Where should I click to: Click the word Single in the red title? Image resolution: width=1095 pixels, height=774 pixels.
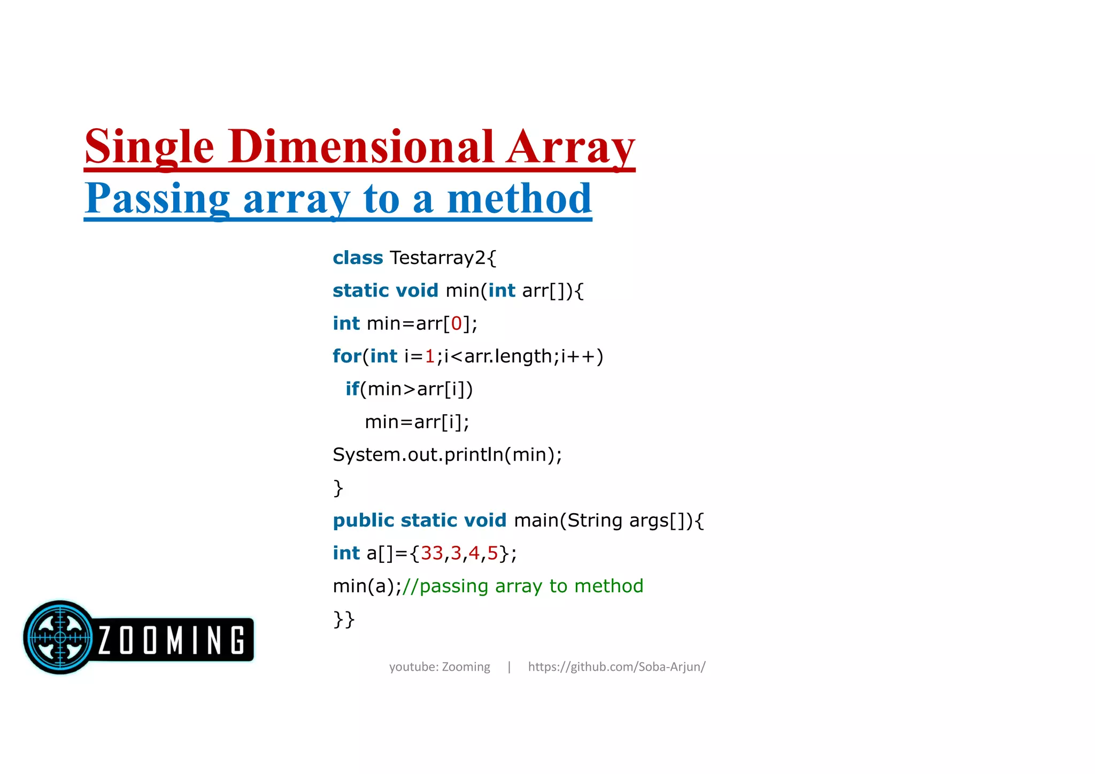point(149,147)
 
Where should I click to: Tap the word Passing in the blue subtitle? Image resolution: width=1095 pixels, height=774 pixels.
point(157,199)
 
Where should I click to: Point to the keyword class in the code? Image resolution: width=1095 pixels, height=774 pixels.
point(358,258)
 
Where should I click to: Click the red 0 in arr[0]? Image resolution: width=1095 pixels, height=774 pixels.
point(456,323)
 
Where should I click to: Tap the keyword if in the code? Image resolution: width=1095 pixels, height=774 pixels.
point(352,389)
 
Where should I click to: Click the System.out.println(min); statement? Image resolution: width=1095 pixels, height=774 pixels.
point(447,455)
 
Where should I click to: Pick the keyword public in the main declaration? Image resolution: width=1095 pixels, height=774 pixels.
point(364,521)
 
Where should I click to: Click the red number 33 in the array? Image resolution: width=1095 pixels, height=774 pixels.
point(431,553)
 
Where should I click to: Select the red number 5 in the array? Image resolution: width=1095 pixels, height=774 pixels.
point(492,553)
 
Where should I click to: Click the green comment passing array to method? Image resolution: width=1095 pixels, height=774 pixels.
point(522,586)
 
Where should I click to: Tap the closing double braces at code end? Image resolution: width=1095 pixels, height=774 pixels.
point(344,620)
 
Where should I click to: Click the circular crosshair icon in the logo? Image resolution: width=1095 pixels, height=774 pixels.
point(60,637)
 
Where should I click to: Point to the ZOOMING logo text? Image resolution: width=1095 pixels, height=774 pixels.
point(172,640)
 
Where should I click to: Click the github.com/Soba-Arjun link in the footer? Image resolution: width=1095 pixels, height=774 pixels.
point(616,667)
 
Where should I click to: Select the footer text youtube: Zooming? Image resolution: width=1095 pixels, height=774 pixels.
point(439,667)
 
